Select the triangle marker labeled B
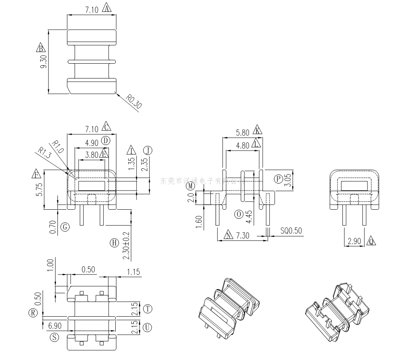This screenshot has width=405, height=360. tap(41, 48)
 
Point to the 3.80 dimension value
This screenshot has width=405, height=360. tap(91, 155)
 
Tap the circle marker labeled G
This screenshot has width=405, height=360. tap(65, 227)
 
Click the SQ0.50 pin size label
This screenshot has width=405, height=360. tap(291, 231)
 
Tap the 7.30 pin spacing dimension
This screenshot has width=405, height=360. tap(243, 236)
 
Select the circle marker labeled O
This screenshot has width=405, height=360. tap(238, 214)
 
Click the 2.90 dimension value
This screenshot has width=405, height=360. tap(354, 241)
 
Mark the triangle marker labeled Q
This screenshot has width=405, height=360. tap(371, 241)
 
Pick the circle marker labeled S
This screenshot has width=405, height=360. tap(54, 337)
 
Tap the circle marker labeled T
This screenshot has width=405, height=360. tap(147, 309)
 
